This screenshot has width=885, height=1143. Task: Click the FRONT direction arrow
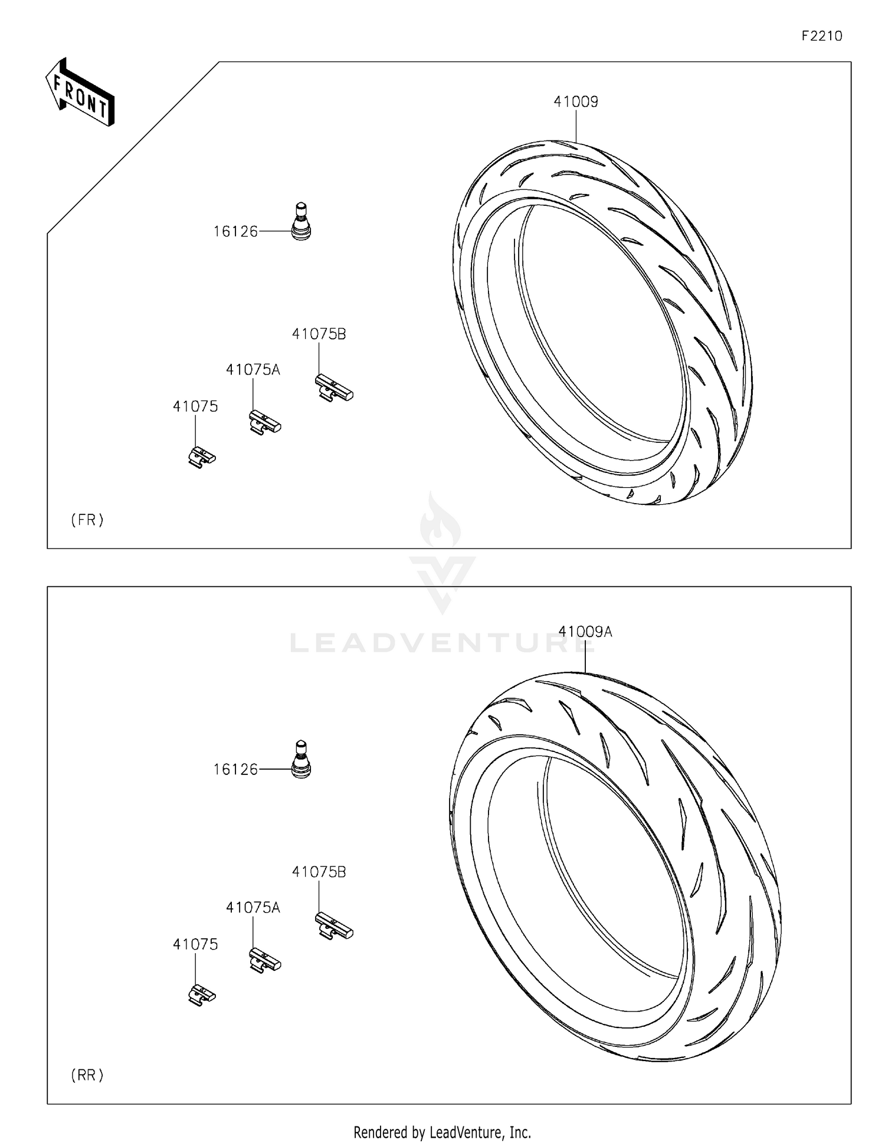pos(80,93)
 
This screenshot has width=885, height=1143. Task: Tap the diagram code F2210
pos(821,36)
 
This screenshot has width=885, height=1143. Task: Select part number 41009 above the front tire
pos(575,102)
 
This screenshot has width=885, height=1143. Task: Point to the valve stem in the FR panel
pos(301,221)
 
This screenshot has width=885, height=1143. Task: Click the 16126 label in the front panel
pos(235,232)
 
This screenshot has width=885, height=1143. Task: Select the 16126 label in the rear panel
pos(235,770)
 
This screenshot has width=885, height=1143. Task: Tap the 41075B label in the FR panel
pos(319,334)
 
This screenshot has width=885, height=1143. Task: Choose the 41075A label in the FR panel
pos(253,370)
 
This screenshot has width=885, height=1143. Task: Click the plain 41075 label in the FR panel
pos(195,406)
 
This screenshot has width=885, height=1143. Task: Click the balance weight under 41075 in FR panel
pos(202,456)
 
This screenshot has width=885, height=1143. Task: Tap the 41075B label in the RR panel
pos(319,872)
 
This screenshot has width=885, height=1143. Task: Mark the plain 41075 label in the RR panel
pos(195,944)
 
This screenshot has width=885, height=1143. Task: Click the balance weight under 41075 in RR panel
pos(202,995)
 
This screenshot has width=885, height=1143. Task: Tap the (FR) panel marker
pos(87,520)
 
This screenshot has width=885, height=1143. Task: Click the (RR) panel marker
pos(87,1075)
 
